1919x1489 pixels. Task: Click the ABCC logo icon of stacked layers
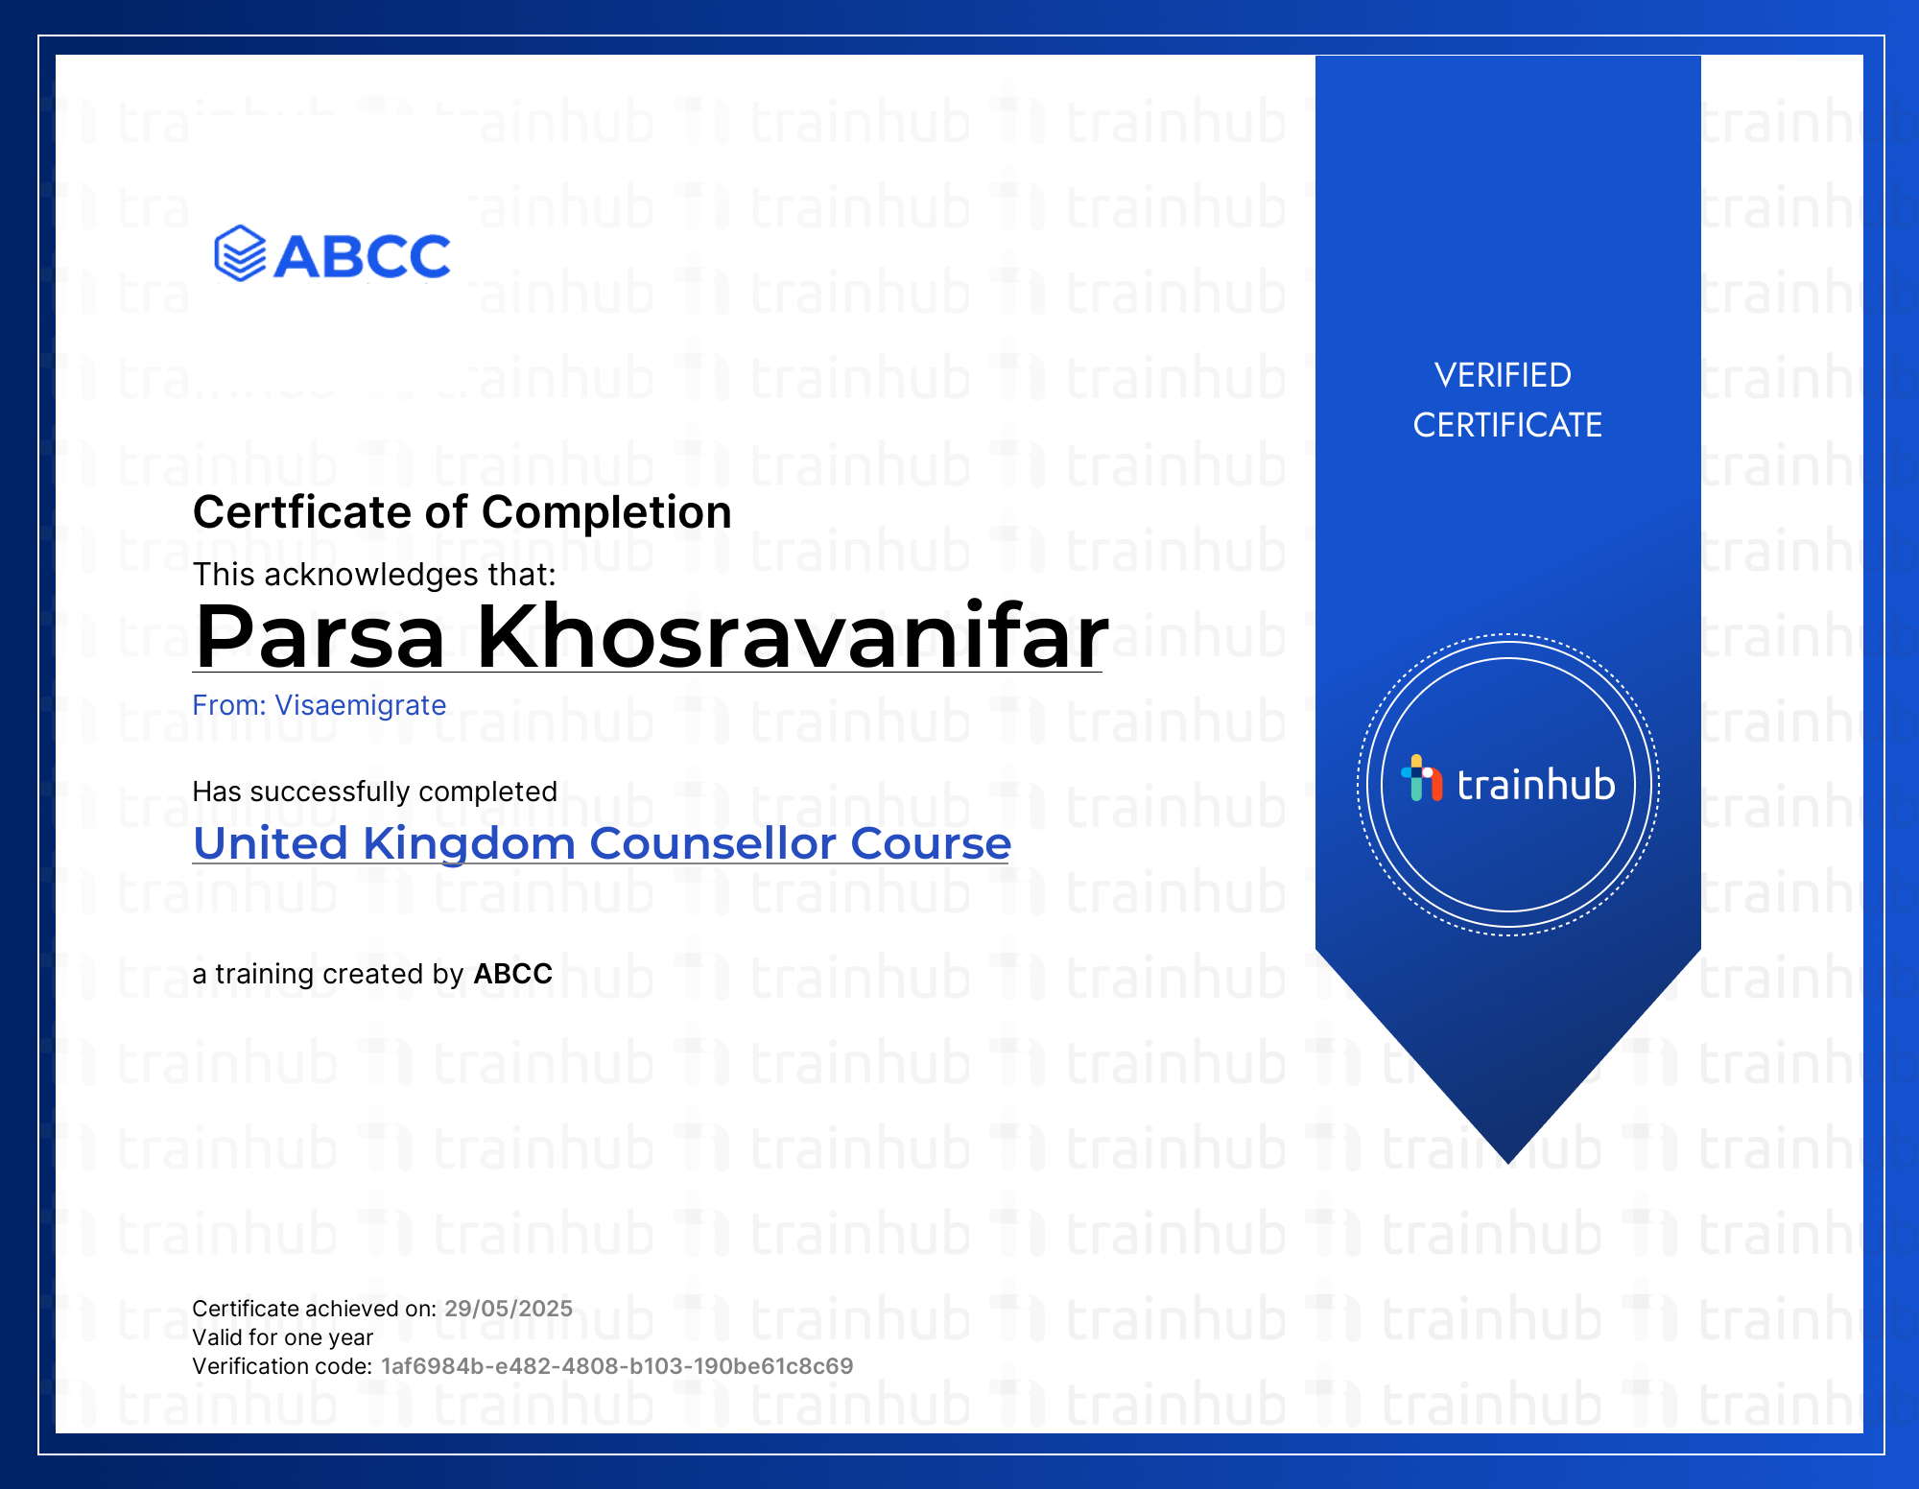pyautogui.click(x=240, y=254)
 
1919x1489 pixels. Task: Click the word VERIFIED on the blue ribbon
pyautogui.click(x=1503, y=375)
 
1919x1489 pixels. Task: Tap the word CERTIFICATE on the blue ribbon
pyautogui.click(x=1507, y=425)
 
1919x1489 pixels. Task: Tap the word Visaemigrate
pyautogui.click(x=361, y=705)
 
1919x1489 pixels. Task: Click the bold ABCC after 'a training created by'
pyautogui.click(x=513, y=974)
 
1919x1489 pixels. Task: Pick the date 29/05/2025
pyautogui.click(x=509, y=1309)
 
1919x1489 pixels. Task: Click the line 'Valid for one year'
pyautogui.click(x=282, y=1337)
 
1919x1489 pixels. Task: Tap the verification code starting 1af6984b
pyautogui.click(x=617, y=1366)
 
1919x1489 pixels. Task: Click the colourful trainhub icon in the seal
pyautogui.click(x=1421, y=778)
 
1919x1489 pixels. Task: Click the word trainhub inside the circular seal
pyautogui.click(x=1536, y=784)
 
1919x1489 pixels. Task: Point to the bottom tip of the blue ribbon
pyautogui.click(x=1508, y=1164)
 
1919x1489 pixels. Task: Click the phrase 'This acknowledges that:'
pyautogui.click(x=374, y=575)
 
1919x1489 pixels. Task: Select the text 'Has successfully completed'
pyautogui.click(x=374, y=792)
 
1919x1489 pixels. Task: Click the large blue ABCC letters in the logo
pyautogui.click(x=362, y=256)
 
